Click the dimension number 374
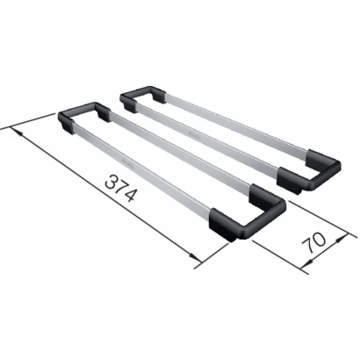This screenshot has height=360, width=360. tap(121, 188)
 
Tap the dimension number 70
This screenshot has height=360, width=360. tap(313, 242)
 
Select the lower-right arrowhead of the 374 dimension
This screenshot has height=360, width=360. tap(194, 256)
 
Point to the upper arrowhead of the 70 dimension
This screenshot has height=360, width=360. tap(340, 239)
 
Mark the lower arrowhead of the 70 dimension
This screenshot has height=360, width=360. tap(306, 264)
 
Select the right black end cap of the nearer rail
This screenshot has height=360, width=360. tap(247, 212)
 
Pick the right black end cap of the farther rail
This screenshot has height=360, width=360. tap(309, 171)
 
